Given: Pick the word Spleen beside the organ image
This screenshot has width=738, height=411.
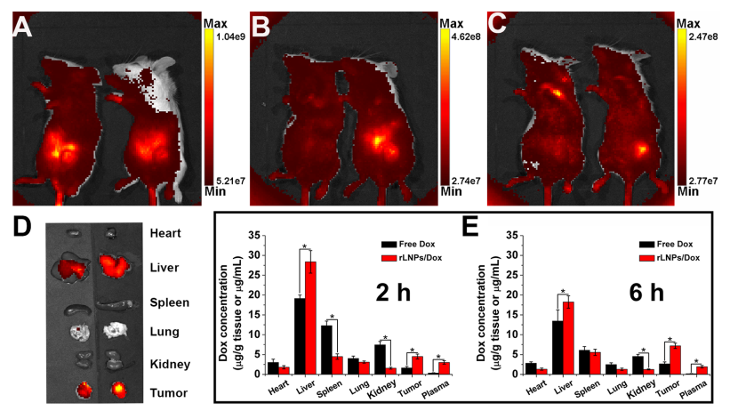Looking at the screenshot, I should pyautogui.click(x=170, y=302).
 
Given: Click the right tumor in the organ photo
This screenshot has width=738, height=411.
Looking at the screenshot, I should pyautogui.click(x=112, y=388).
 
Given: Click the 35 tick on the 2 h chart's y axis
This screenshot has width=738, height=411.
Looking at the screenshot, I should pyautogui.click(x=254, y=236).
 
